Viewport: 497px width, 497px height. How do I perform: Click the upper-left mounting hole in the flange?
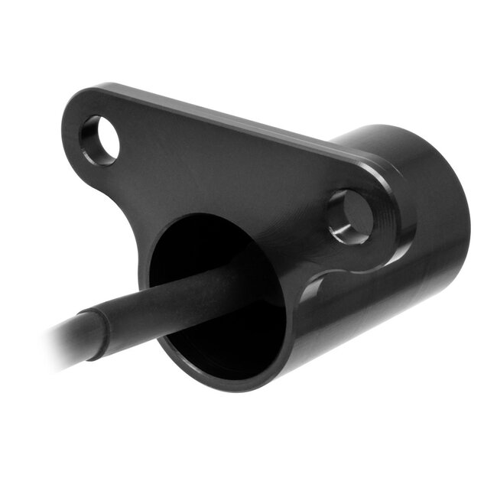pos(100,140)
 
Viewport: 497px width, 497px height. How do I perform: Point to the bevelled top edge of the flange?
pos(229,115)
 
